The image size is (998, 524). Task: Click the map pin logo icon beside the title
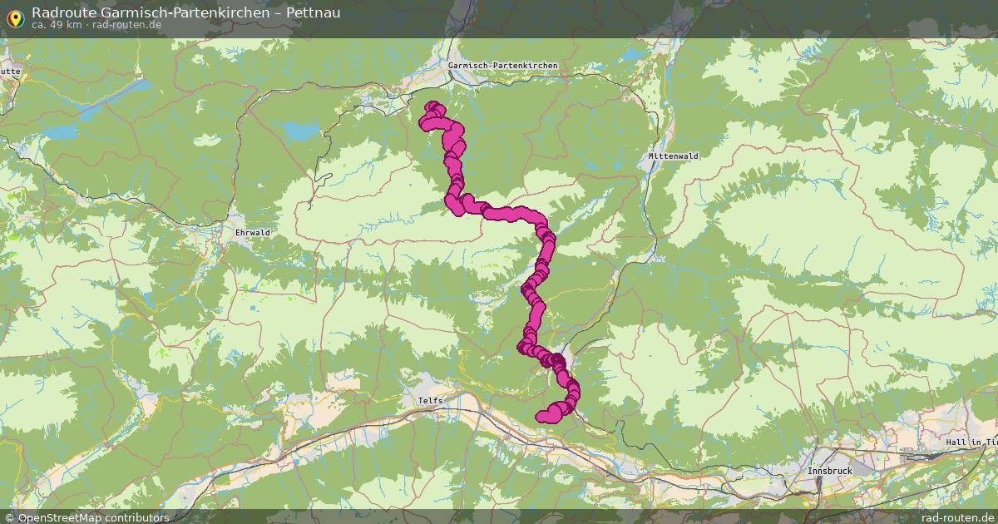point(15,16)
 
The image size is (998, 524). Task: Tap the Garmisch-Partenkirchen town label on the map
point(502,66)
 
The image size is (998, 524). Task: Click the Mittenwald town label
point(674,156)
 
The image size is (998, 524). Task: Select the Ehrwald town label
point(253,232)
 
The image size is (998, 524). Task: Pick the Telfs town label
point(431,401)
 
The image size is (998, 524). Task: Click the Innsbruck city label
point(830,471)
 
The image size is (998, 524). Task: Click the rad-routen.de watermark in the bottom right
point(957,517)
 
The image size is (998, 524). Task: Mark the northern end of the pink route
point(432,106)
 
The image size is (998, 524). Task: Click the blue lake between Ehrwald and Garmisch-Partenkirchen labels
point(299,131)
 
